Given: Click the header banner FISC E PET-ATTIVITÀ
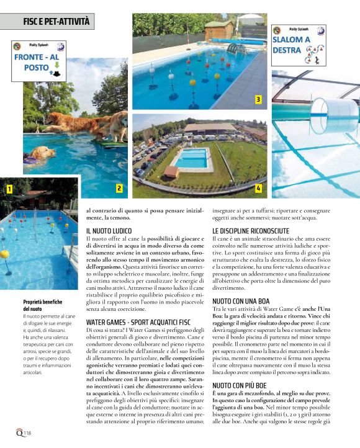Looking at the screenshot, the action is [x=48, y=22].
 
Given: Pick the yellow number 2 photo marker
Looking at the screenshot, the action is [x=119, y=187].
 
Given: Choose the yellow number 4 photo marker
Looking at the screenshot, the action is [x=258, y=187].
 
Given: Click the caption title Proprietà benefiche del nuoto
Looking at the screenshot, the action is [x=43, y=305].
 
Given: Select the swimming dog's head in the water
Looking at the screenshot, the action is [x=42, y=153].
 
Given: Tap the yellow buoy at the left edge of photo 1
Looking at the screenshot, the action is [x=4, y=254].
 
